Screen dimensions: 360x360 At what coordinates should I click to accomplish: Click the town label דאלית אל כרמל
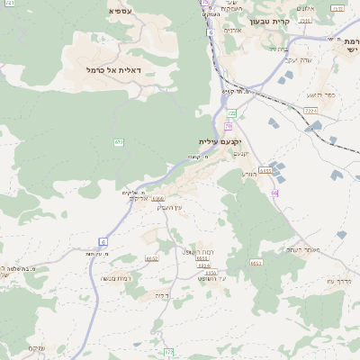click(x=113, y=69)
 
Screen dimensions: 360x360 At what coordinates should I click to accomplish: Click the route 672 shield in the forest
click(x=119, y=142)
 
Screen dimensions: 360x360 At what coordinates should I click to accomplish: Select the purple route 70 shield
click(x=229, y=126)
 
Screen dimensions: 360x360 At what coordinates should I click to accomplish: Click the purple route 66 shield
click(x=274, y=193)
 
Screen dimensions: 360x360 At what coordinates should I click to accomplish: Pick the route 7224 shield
click(x=311, y=110)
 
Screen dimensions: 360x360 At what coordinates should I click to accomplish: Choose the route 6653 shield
click(x=256, y=262)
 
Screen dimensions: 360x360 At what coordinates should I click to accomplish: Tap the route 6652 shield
click(x=151, y=258)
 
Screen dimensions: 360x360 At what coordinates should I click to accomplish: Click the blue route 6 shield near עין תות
click(x=103, y=241)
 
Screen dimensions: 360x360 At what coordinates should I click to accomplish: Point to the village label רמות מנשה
click(x=116, y=279)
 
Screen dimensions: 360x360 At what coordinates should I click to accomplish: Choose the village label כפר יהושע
click(x=320, y=94)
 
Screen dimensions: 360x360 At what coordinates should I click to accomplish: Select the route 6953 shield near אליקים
click(x=158, y=198)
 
